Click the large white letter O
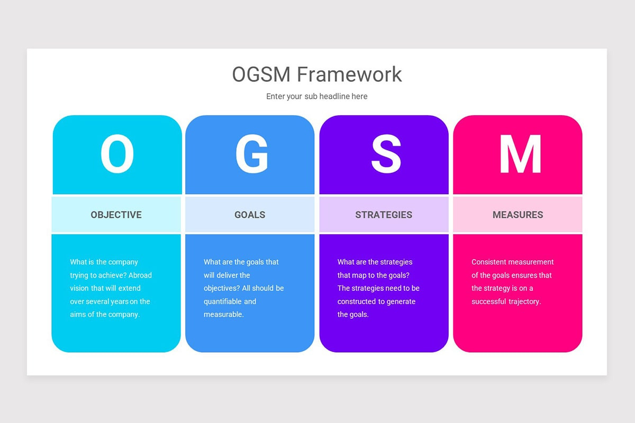pyautogui.click(x=117, y=154)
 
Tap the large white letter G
pyautogui.click(x=251, y=154)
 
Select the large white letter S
pyautogui.click(x=386, y=154)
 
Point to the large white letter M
pyautogui.click(x=520, y=154)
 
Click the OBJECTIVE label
pyautogui.click(x=116, y=215)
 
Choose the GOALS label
pyautogui.click(x=250, y=215)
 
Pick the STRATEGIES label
pyautogui.click(x=384, y=215)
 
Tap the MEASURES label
pyautogui.click(x=518, y=215)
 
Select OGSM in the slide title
pyautogui.click(x=261, y=75)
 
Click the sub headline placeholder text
pyautogui.click(x=316, y=96)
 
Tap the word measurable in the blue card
pyautogui.click(x=223, y=315)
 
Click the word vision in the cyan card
pyautogui.click(x=80, y=288)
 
